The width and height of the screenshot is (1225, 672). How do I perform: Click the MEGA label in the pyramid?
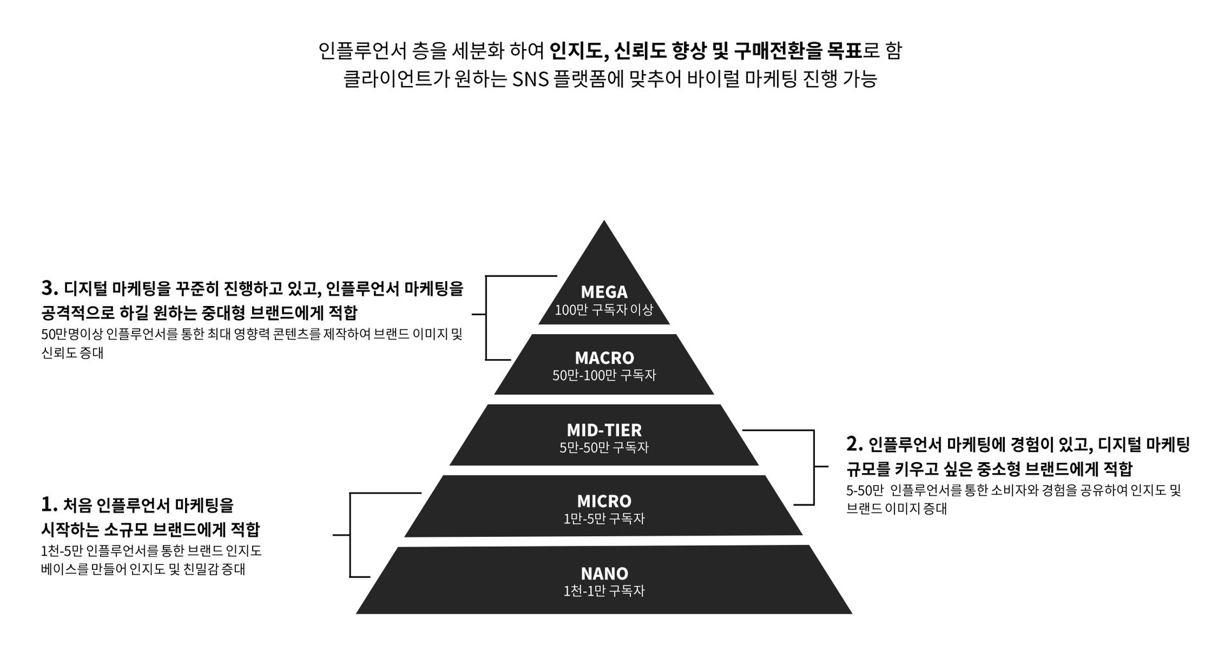[x=604, y=292]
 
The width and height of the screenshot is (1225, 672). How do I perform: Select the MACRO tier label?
[x=604, y=358]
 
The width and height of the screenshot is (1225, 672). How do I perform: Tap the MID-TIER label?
[x=604, y=430]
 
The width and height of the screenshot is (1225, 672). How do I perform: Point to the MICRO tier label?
[x=604, y=501]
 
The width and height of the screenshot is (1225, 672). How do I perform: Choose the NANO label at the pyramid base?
[x=604, y=574]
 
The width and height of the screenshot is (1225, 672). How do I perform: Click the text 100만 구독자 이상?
[x=604, y=310]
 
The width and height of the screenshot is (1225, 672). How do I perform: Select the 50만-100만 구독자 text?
[x=604, y=376]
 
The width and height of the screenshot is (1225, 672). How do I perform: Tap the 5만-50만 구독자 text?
[x=604, y=448]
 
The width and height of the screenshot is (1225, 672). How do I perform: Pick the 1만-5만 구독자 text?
[x=604, y=519]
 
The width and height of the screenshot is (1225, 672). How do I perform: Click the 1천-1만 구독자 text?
[x=604, y=592]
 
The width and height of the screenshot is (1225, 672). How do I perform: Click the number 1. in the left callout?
[x=49, y=505]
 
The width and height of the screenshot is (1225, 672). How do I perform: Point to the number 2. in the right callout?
[x=854, y=444]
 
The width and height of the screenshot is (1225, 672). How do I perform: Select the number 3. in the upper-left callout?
[x=49, y=288]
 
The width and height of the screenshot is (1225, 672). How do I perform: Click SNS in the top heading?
[x=530, y=79]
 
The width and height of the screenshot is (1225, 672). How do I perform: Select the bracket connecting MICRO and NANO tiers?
[x=350, y=534]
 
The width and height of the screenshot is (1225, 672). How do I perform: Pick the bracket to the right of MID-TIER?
[x=814, y=467]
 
